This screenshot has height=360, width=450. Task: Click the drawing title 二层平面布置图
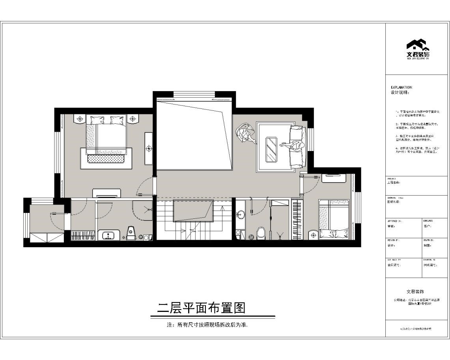201,308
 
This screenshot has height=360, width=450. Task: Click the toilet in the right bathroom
261,233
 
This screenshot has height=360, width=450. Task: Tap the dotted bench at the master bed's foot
105,159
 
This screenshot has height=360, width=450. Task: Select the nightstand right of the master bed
132,118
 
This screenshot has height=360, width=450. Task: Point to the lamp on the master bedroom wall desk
149,148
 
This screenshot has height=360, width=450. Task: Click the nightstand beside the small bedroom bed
314,235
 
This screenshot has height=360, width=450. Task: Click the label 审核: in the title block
391,226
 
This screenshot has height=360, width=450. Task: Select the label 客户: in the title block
428,226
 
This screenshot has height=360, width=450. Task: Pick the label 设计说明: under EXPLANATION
400,93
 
